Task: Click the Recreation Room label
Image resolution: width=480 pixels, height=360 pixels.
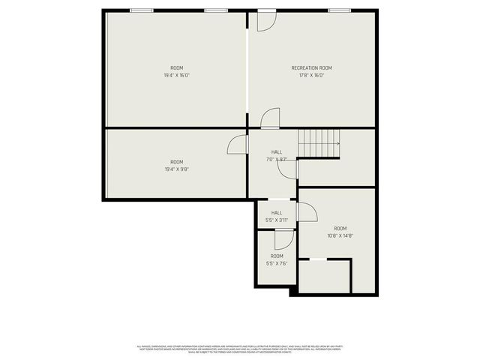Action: pyautogui.click(x=311, y=68)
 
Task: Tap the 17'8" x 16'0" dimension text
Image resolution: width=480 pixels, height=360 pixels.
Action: pyautogui.click(x=311, y=75)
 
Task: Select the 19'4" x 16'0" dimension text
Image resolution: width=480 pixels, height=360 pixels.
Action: pyautogui.click(x=176, y=75)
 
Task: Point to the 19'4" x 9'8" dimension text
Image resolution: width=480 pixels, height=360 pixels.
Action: pyautogui.click(x=176, y=169)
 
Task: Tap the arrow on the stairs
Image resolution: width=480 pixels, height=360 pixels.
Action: pyautogui.click(x=337, y=143)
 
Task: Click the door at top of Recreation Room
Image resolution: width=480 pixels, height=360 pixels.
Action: pyautogui.click(x=266, y=21)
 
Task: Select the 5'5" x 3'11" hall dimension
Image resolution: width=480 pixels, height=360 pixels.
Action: pyautogui.click(x=277, y=220)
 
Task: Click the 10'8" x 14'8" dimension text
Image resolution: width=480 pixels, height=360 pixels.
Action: pyautogui.click(x=340, y=235)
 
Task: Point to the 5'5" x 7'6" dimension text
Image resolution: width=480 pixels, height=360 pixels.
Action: pyautogui.click(x=277, y=263)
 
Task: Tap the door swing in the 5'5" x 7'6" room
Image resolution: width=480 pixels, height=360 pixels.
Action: pyautogui.click(x=283, y=239)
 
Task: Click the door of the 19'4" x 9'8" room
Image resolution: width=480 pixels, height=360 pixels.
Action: pyautogui.click(x=238, y=145)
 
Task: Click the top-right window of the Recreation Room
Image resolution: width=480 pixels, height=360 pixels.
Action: pyautogui.click(x=338, y=10)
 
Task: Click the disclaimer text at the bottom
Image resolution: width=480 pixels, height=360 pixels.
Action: pyautogui.click(x=239, y=348)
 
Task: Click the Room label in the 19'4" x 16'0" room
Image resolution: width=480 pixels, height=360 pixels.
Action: pyautogui.click(x=176, y=68)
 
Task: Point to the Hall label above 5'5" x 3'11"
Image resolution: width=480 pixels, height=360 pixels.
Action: pyautogui.click(x=277, y=213)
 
